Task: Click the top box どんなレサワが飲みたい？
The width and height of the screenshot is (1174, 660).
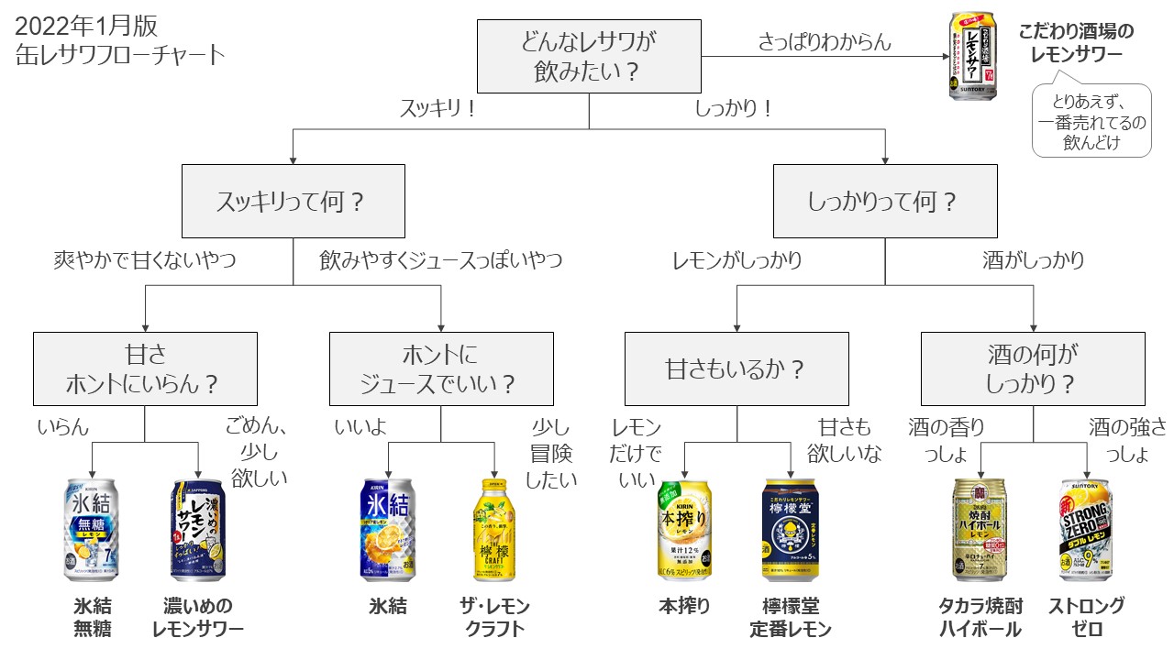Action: click(590, 57)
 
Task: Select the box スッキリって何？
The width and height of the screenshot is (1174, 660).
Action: click(293, 201)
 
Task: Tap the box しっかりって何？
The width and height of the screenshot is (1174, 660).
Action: click(885, 201)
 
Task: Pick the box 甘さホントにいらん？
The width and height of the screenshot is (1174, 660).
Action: click(145, 368)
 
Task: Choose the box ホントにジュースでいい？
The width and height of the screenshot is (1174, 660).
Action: click(441, 368)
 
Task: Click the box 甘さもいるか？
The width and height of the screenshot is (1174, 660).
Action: click(737, 368)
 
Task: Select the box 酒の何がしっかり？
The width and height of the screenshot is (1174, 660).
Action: click(1033, 368)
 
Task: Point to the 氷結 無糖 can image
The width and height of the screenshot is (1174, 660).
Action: click(92, 529)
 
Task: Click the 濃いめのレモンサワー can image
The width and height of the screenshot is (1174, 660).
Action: click(198, 529)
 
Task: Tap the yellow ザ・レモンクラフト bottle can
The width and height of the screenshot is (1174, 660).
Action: click(494, 529)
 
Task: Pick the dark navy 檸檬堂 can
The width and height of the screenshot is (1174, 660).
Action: click(791, 529)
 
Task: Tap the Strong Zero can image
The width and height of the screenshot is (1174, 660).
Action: click(1087, 529)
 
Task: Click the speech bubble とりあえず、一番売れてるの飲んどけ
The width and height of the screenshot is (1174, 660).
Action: click(1091, 122)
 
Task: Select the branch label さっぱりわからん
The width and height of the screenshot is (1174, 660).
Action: click(825, 41)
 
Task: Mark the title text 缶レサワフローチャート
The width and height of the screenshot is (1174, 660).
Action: click(120, 55)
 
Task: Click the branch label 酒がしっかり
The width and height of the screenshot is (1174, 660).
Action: click(1033, 260)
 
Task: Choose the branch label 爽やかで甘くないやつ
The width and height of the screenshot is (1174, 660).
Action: click(145, 260)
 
